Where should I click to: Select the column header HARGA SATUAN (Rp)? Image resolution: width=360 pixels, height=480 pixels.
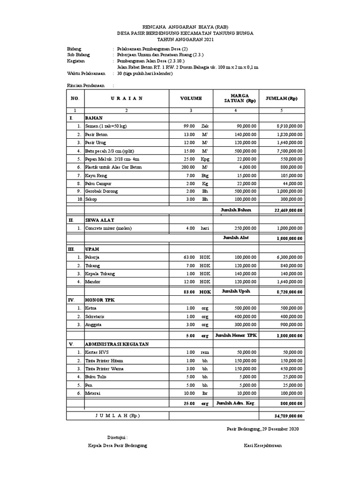click(236, 98)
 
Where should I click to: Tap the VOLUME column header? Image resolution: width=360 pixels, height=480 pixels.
click(191, 98)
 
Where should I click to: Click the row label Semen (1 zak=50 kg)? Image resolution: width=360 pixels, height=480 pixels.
click(105, 127)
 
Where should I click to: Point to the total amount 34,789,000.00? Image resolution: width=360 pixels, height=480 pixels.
click(288, 415)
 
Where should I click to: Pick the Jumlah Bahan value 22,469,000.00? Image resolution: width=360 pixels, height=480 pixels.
click(288, 210)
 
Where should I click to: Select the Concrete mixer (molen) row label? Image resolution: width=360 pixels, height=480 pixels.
click(108, 228)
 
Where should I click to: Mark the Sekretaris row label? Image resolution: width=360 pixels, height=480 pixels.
click(95, 316)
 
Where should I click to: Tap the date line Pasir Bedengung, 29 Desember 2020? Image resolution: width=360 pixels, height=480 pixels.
click(262, 429)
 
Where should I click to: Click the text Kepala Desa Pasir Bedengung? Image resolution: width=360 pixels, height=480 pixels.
click(118, 445)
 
